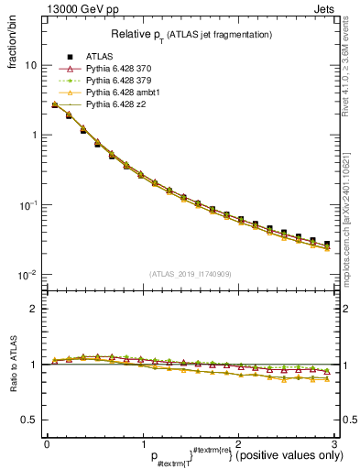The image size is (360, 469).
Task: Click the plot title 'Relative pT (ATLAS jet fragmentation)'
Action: point(191,34)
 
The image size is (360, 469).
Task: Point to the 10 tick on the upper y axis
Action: point(31,66)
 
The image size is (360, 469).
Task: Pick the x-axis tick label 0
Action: point(47,443)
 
